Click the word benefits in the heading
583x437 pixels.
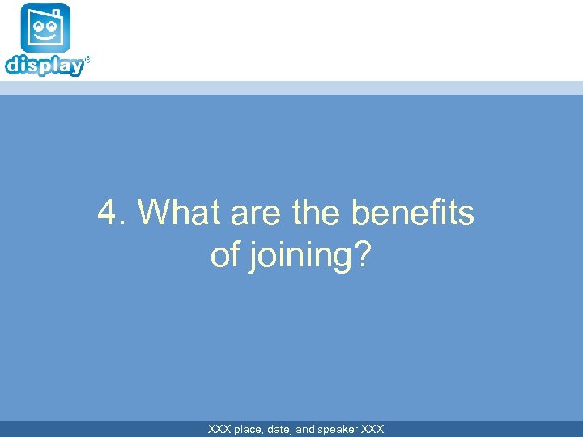(413, 214)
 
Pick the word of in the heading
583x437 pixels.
(224, 255)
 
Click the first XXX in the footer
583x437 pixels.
(219, 429)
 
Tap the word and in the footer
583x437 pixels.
(305, 429)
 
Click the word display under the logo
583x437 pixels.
(44, 66)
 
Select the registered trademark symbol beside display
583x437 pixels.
(88, 60)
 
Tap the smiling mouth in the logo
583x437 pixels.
(45, 38)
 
